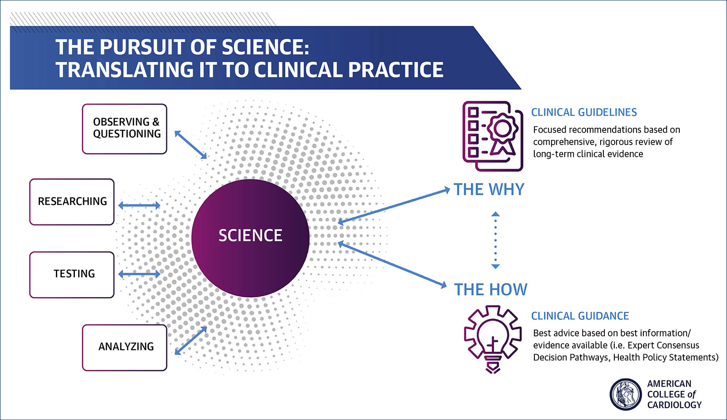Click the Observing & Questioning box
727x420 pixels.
[124, 129]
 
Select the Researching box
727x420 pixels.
[72, 202]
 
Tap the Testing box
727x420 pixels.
[72, 275]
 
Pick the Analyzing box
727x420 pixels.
[124, 347]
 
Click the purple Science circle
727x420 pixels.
[250, 238]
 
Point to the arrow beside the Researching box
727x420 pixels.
[139, 205]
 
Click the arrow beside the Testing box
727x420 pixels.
[139, 274]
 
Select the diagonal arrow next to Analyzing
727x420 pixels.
[191, 340]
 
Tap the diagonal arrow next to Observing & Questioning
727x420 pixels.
[191, 145]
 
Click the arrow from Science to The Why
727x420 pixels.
[393, 205]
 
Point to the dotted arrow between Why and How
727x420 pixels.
[496, 240]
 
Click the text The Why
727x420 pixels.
[489, 190]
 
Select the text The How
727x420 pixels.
[491, 290]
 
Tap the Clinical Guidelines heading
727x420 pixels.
[584, 112]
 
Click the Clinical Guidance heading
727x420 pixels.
[580, 316]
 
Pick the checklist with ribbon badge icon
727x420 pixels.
[493, 136]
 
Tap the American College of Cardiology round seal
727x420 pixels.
[625, 394]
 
